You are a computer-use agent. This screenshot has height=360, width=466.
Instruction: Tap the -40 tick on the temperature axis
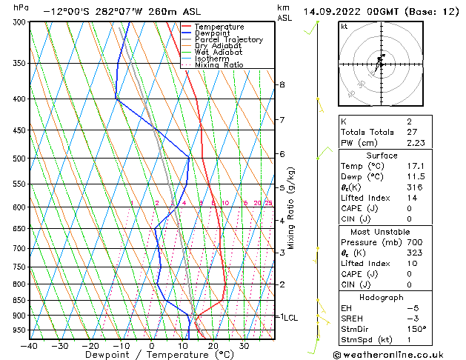(x=30, y=345)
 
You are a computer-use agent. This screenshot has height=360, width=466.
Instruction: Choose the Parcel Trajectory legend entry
(x=228, y=40)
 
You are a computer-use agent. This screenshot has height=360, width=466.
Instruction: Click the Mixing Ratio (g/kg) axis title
(x=290, y=207)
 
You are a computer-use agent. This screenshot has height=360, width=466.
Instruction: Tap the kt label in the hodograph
(x=344, y=26)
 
